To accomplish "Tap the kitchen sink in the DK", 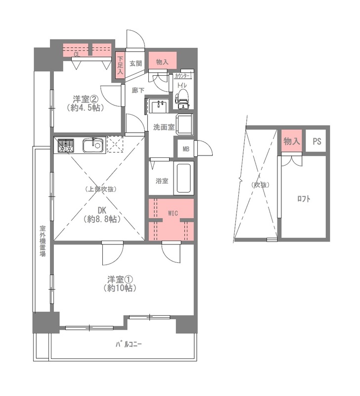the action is [93, 145].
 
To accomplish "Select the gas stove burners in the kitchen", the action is [66, 146].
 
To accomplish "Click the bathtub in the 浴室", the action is [183, 178].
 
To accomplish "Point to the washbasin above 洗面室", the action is [159, 106].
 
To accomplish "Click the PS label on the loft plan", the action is [317, 141].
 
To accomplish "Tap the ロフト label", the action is [304, 199].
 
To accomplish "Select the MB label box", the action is [186, 149].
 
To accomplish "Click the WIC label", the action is [173, 213].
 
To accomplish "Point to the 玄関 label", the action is [135, 63].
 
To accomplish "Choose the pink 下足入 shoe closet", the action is [120, 65].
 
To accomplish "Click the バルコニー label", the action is [129, 344].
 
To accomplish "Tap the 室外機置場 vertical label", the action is [43, 241].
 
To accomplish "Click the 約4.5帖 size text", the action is [86, 108].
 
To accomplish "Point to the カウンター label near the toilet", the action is [182, 76].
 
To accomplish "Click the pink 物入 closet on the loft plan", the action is [291, 141].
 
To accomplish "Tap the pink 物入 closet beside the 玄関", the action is [163, 60].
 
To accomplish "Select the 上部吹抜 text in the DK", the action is [100, 189].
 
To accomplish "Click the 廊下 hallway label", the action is [138, 90].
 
